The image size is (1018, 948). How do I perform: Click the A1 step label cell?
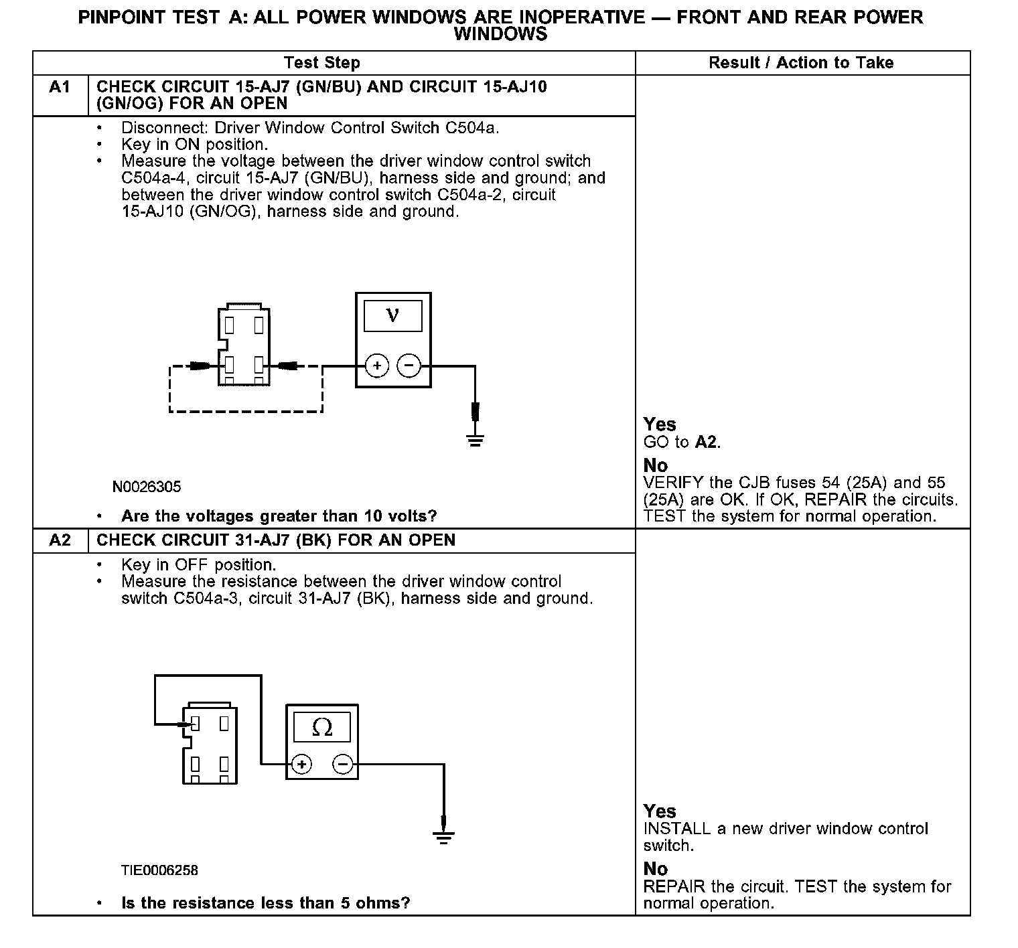coord(60,87)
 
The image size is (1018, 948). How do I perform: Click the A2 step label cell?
coord(60,540)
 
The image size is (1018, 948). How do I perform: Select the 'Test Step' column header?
coord(321,63)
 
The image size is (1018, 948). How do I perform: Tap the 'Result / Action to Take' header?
coord(801,63)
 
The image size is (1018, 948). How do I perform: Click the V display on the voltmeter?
coord(392,315)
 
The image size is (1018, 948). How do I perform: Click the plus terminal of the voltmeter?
coord(377,366)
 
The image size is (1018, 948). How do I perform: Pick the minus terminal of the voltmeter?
coord(409,366)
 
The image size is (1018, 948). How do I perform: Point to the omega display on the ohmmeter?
coord(322,728)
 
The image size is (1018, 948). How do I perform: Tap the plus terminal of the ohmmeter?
coord(302,764)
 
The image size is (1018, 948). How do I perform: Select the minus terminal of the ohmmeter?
coord(342,764)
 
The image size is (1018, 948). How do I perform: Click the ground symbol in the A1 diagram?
coord(475,440)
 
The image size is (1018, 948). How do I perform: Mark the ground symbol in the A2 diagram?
coord(443,837)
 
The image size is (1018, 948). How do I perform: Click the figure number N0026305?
coord(147,487)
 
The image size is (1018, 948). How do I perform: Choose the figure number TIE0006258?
coord(159,870)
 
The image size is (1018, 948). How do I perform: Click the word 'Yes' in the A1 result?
coord(660,424)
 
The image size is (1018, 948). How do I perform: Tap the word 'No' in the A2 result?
coord(656,869)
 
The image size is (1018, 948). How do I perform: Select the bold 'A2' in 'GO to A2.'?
coord(706,442)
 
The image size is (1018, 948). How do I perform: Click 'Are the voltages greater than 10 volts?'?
coord(279,516)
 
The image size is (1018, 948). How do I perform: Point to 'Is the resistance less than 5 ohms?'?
coord(265,903)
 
